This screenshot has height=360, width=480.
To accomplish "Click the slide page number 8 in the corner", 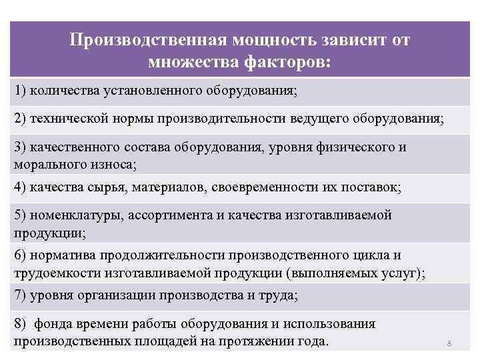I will click(x=449, y=344).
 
